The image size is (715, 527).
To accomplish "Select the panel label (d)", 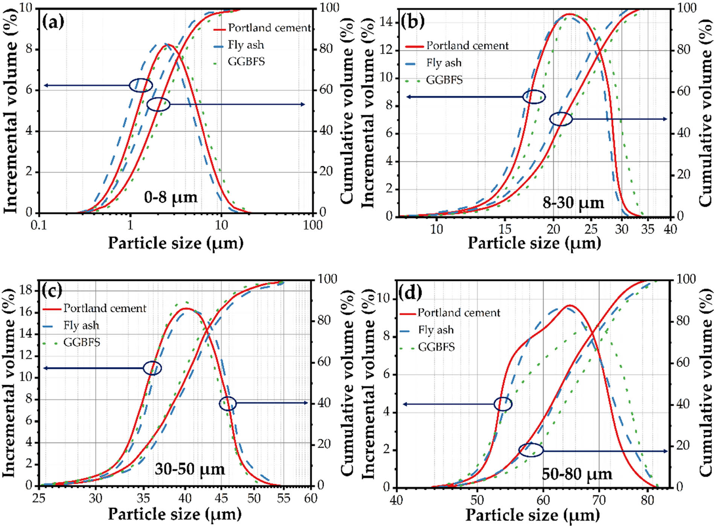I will (x=410, y=293).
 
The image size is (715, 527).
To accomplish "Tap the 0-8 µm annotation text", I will (x=170, y=197).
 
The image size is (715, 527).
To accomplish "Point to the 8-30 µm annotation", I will (x=573, y=203).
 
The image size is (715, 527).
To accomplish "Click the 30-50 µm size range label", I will (x=190, y=469).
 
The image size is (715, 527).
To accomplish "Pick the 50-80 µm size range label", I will (x=577, y=474).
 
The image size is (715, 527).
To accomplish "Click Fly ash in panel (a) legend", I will (x=245, y=45).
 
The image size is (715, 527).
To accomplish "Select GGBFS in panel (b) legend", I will (x=444, y=80).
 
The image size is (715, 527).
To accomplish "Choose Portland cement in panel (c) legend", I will (x=105, y=308).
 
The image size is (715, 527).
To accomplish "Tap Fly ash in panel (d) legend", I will (x=436, y=330).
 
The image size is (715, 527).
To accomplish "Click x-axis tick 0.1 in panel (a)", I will (x=39, y=225).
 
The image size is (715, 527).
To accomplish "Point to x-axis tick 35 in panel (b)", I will (x=647, y=229).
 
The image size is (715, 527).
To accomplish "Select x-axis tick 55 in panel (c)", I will (x=283, y=498).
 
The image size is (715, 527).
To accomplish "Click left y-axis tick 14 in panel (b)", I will (x=386, y=22).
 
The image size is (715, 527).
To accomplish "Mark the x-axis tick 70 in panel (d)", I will (x=599, y=500).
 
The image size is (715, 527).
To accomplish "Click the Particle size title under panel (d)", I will (x=532, y=515).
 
